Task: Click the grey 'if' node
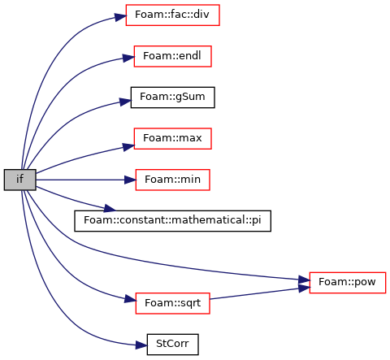pyautogui.click(x=20, y=180)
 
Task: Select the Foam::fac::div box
pyautogui.click(x=172, y=15)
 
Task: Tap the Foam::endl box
pyautogui.click(x=172, y=56)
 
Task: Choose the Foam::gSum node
pyautogui.click(x=172, y=98)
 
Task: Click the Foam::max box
pyautogui.click(x=172, y=139)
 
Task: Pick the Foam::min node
pyautogui.click(x=172, y=180)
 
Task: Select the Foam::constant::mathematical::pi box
pyautogui.click(x=172, y=221)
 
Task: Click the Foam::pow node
pyautogui.click(x=348, y=283)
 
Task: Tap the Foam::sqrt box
pyautogui.click(x=172, y=303)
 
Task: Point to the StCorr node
pyautogui.click(x=172, y=345)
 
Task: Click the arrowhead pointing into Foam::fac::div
pyautogui.click(x=120, y=17)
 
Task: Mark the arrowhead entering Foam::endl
pyautogui.click(x=128, y=58)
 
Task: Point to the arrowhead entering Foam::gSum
pyautogui.click(x=125, y=102)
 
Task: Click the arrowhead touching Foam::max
pyautogui.click(x=128, y=147)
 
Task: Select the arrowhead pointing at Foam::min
pyautogui.click(x=130, y=180)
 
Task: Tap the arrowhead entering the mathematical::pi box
pyautogui.click(x=110, y=209)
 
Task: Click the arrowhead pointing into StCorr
pyautogui.click(x=141, y=345)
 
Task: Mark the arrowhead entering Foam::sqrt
pyautogui.click(x=130, y=300)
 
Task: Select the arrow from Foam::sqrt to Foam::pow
pyautogui.click(x=259, y=293)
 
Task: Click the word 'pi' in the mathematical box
pyautogui.click(x=257, y=220)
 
